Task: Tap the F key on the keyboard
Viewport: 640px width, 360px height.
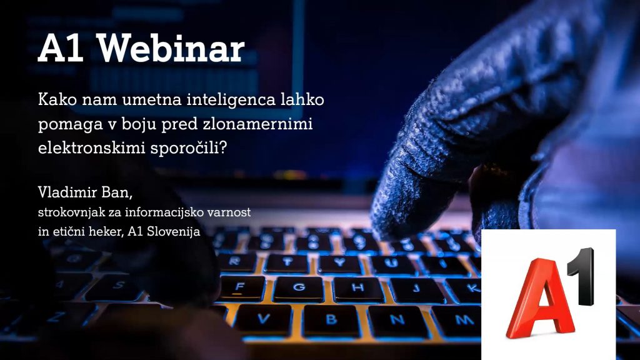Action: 239,288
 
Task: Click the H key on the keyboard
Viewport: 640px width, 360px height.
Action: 357,289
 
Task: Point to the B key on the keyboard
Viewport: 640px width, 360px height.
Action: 331,319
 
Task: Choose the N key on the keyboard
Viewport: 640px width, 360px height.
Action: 397,319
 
